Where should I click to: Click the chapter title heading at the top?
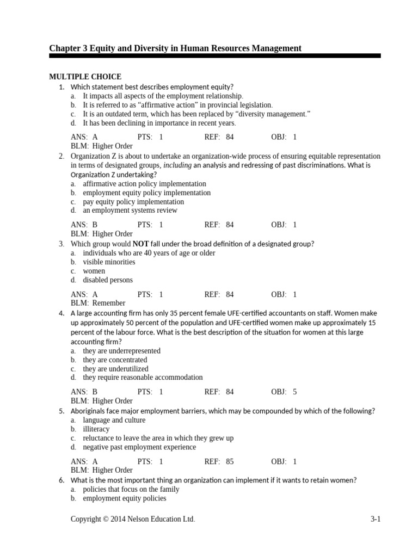(175, 48)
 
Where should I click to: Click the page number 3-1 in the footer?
(375, 519)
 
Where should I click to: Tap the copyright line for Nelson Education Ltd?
(133, 519)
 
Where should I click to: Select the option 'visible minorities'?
(109, 262)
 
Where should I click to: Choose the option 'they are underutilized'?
(115, 368)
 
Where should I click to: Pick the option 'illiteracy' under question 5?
(96, 429)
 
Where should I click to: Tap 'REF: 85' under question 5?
(219, 461)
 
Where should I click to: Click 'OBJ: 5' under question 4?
(284, 392)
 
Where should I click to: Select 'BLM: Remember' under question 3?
(98, 303)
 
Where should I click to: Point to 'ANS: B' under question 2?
(84, 224)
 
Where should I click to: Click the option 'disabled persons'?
(108, 280)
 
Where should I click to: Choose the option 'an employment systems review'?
(130, 210)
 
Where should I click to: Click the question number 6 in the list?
(62, 480)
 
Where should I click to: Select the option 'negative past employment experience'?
(139, 447)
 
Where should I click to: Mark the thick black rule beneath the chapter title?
(215, 55)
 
